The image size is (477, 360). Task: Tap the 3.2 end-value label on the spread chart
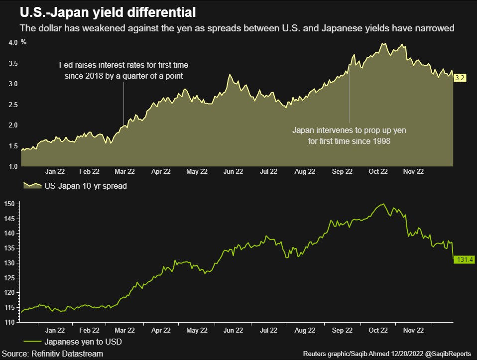pos(460,78)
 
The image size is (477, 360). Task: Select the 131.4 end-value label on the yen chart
pos(463,260)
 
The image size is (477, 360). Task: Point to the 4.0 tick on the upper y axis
pos(13,43)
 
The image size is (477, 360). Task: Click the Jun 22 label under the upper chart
pos(233,171)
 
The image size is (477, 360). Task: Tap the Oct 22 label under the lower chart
pos(378,330)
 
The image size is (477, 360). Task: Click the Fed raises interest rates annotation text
pos(123,70)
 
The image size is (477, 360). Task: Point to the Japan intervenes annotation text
pos(349,136)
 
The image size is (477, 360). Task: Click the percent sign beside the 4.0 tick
pos(23,43)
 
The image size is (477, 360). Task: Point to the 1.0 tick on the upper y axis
pos(13,166)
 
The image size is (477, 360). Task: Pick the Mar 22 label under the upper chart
pos(125,171)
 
